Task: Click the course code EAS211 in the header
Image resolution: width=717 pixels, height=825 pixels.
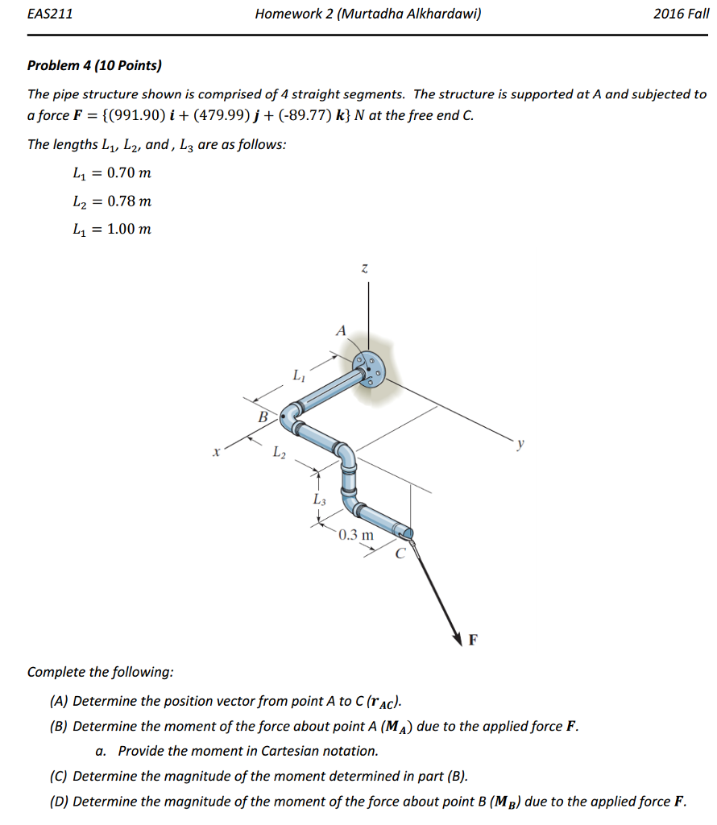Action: click(50, 14)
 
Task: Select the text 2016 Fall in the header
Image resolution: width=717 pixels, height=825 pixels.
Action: click(681, 14)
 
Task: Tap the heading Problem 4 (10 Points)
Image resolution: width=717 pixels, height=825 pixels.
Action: click(94, 65)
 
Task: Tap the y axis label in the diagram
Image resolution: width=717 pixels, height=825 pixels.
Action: click(521, 442)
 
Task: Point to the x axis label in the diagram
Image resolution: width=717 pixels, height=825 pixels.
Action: click(215, 454)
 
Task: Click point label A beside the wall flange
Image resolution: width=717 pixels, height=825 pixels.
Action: click(341, 330)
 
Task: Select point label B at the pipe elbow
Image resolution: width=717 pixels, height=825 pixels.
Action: click(262, 417)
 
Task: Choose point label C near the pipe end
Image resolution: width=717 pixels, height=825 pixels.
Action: click(400, 553)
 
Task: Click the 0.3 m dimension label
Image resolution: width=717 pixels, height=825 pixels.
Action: click(355, 535)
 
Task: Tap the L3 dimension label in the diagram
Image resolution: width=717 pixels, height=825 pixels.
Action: click(320, 500)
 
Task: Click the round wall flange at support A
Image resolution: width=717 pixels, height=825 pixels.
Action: click(369, 370)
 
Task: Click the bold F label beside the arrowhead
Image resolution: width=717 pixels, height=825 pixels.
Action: click(473, 641)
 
